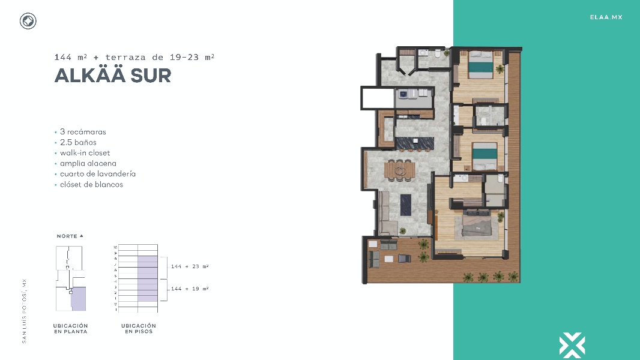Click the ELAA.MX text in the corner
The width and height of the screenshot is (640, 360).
pyautogui.click(x=606, y=17)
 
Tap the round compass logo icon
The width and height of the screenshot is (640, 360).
pyautogui.click(x=28, y=22)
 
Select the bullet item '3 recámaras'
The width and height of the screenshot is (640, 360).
pyautogui.click(x=83, y=131)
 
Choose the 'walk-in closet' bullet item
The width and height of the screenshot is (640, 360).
pyautogui.click(x=85, y=152)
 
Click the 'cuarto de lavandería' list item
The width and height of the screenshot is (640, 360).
pyautogui.click(x=97, y=174)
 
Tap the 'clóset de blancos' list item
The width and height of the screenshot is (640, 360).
pyautogui.click(x=91, y=184)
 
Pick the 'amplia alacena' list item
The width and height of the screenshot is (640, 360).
pyautogui.click(x=88, y=163)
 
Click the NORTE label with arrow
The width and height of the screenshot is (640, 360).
pyautogui.click(x=70, y=236)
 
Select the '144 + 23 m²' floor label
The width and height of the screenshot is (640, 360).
pyautogui.click(x=190, y=266)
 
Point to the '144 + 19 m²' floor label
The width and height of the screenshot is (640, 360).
pyautogui.click(x=190, y=289)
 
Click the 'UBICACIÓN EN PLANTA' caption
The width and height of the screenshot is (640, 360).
pyautogui.click(x=70, y=329)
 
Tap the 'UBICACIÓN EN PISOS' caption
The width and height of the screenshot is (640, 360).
pyautogui.click(x=139, y=329)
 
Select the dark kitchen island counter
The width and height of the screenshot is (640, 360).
pyautogui.click(x=415, y=143)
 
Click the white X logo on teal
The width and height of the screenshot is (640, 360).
pyautogui.click(x=572, y=345)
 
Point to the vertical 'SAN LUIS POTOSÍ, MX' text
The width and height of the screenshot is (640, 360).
pyautogui.click(x=25, y=310)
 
